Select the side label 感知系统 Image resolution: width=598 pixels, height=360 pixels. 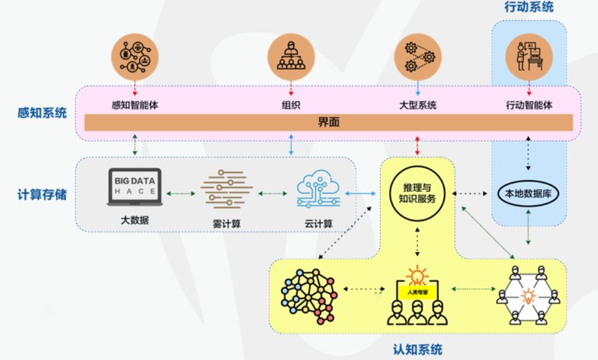click(x=42, y=112)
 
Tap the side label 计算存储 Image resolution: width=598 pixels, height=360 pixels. click(x=42, y=195)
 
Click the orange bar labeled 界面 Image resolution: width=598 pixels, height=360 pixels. click(x=329, y=123)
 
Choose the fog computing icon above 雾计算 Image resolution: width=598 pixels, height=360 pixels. click(x=226, y=189)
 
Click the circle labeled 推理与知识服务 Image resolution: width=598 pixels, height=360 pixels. click(x=417, y=193)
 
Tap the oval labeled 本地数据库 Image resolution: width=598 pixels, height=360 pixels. click(x=529, y=195)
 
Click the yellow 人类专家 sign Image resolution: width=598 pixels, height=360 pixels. click(x=417, y=292)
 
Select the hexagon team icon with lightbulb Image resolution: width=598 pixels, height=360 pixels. click(x=528, y=296)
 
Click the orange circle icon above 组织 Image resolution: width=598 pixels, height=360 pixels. click(x=291, y=57)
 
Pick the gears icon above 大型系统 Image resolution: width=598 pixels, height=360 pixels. click(x=417, y=57)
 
